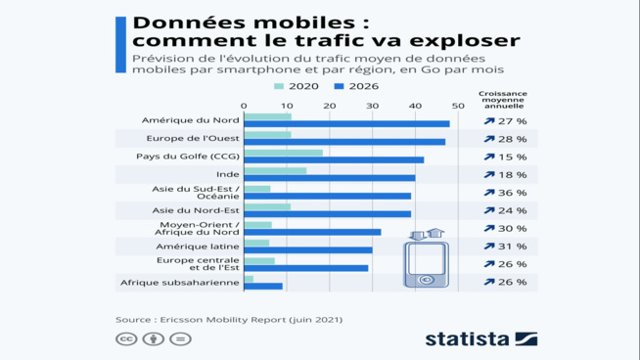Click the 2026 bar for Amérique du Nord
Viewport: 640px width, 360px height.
[346, 124]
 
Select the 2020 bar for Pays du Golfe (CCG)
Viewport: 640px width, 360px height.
[283, 153]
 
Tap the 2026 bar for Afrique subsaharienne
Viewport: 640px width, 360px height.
[263, 286]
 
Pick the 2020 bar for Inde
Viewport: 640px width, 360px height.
[275, 170]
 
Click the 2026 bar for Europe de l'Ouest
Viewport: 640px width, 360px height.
[344, 142]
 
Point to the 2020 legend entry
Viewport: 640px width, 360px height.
[297, 86]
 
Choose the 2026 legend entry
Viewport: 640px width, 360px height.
[356, 86]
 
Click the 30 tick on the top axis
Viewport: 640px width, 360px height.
[372, 105]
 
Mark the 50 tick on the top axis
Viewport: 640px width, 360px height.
[458, 105]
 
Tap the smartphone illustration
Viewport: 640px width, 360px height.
[426, 260]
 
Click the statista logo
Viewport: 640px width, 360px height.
[480, 338]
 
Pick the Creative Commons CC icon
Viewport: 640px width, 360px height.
[126, 338]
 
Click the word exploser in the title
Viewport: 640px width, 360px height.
[459, 41]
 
